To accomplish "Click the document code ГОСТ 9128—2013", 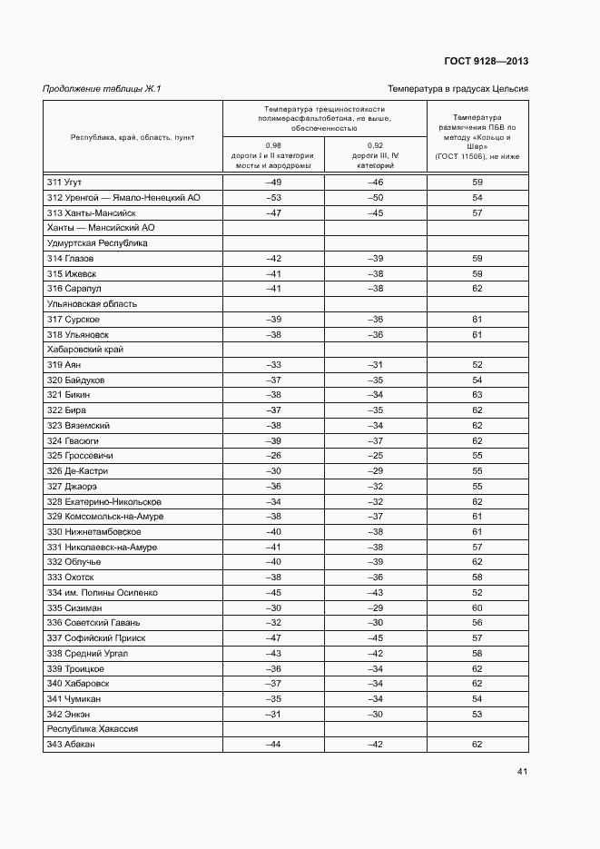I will coord(486,62).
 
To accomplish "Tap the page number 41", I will coord(523,772).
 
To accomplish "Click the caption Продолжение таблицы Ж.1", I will coord(102,89).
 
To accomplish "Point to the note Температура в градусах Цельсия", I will coord(458,89).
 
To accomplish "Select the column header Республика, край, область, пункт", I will coord(133,137).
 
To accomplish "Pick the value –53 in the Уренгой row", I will coord(273,198).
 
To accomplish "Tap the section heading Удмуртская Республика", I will coord(84,243).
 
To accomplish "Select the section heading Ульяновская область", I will coord(84,304).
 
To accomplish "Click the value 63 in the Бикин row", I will coord(477,395).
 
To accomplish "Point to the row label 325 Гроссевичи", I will coord(80,456).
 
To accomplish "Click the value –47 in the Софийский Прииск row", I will coord(273,638).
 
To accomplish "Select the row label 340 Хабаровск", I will coord(78,684).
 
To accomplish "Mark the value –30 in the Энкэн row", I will coord(376,714).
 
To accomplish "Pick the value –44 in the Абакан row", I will coord(273,745).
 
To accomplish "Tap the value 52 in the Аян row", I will coord(477,364).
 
